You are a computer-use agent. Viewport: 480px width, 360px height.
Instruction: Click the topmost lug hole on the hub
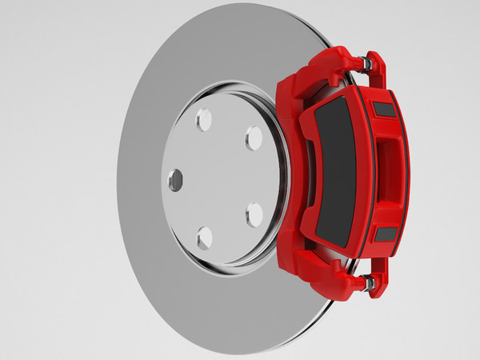204,119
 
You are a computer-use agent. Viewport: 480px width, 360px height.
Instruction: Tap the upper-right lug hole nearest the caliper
254,138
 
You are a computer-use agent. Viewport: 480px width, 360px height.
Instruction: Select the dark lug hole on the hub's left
175,180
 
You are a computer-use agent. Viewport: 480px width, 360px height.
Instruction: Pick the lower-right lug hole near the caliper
254,214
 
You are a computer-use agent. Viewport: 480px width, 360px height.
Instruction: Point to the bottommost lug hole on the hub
205,238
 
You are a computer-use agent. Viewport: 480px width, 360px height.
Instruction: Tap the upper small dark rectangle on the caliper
385,110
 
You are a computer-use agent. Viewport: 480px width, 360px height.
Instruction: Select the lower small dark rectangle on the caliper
386,234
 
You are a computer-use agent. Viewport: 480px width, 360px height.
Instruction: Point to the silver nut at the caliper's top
366,63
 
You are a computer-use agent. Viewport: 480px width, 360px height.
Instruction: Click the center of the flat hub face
216,178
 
